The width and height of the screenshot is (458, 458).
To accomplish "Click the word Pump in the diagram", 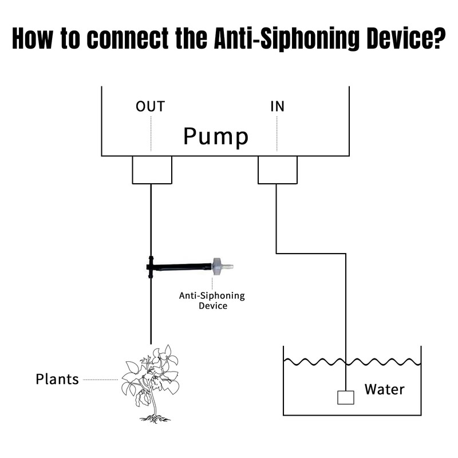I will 216,137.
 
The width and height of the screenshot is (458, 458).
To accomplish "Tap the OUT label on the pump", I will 150,106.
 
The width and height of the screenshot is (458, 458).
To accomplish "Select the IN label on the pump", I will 277,106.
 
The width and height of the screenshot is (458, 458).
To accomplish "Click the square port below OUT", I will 152,170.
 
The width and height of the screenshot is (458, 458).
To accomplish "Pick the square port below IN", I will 278,170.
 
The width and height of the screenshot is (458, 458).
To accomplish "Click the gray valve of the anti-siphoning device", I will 217,266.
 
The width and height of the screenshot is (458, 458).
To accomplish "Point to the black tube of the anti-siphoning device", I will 183,266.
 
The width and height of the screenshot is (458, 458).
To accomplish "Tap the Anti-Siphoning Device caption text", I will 212,301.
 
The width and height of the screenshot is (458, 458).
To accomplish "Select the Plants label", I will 57,379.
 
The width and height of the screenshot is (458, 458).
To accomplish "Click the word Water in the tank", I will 384,390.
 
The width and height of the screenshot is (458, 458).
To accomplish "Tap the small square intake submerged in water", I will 345,397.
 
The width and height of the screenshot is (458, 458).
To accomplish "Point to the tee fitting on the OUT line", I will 151,266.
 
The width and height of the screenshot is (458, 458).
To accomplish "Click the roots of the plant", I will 154,418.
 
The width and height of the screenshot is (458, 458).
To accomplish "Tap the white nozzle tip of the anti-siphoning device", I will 229,266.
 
